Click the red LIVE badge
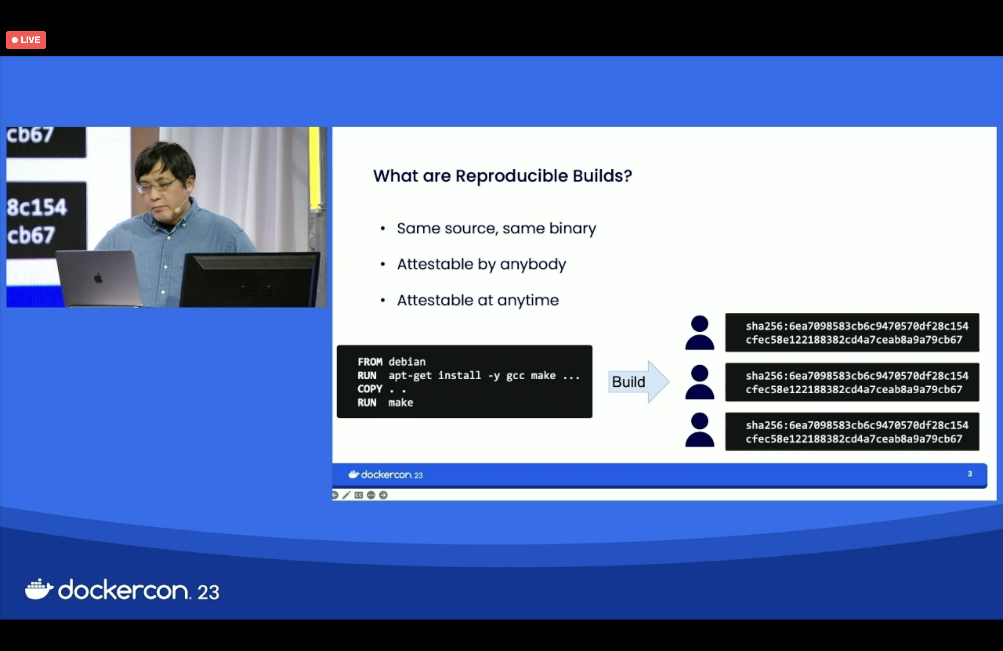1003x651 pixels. (x=26, y=40)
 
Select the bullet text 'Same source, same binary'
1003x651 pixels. (x=496, y=228)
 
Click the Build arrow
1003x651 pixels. (x=638, y=381)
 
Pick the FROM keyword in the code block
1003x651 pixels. (x=369, y=362)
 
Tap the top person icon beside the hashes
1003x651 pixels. (x=700, y=333)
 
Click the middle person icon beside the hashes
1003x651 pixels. (x=700, y=382)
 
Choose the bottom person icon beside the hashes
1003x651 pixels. (x=700, y=430)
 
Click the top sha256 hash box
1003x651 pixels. (x=852, y=333)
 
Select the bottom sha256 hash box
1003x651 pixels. (x=852, y=432)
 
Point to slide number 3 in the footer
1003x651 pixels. (x=970, y=474)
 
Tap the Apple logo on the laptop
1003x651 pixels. (x=98, y=278)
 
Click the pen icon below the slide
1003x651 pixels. (x=346, y=495)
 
